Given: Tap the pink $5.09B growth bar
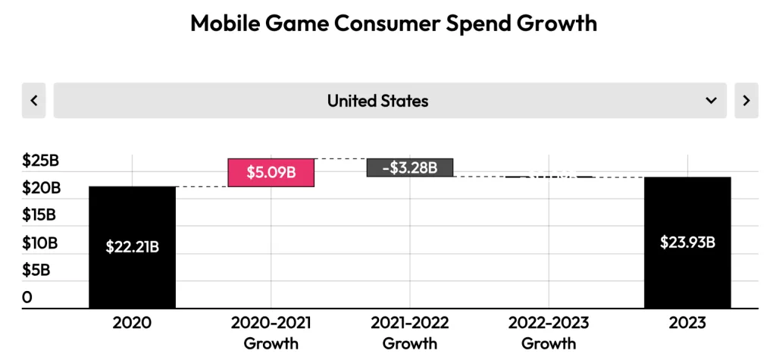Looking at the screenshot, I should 271,172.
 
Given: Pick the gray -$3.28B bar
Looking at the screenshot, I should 409,167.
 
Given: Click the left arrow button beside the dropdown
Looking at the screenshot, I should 33,101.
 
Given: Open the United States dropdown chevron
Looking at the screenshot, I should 711,101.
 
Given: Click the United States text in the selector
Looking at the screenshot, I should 377,101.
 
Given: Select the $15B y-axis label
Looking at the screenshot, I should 39,214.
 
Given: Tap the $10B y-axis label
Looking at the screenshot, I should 39,243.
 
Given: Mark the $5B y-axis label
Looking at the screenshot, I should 36,270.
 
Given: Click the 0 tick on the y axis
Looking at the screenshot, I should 27,296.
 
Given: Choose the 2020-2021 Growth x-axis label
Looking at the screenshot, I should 271,333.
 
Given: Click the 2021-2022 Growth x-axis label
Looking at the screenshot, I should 409,333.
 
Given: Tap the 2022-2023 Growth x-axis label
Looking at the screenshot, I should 549,333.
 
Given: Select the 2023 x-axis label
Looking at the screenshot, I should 687,323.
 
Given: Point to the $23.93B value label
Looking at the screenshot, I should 687,243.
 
